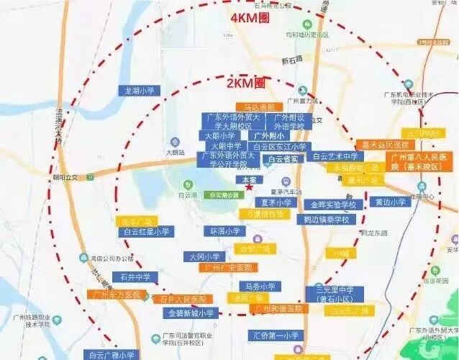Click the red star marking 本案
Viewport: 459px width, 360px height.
249,187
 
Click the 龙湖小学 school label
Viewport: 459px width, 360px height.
140,91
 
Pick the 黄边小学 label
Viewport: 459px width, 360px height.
388,202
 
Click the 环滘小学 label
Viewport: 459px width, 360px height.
224,232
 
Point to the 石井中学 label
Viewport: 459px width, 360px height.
135,276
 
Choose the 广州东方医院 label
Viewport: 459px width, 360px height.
115,294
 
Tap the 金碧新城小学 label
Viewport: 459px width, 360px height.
191,313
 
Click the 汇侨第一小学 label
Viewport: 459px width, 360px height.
276,336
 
